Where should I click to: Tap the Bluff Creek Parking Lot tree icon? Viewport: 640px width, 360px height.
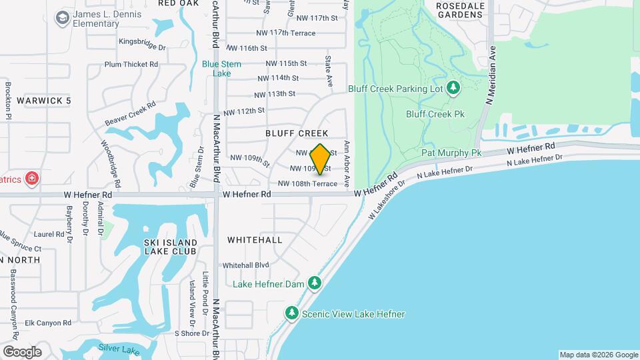[454, 88]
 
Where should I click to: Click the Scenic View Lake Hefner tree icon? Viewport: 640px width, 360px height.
[291, 313]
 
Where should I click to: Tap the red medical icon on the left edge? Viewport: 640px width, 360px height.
[31, 178]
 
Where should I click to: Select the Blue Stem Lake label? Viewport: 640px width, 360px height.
[221, 69]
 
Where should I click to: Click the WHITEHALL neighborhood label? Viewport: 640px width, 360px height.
[255, 239]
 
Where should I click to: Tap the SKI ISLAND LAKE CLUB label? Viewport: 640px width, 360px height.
[170, 247]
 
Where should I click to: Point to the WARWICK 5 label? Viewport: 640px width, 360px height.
[44, 101]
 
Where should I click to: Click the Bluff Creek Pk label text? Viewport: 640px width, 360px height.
[435, 114]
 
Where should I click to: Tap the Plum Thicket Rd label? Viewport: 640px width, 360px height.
[131, 65]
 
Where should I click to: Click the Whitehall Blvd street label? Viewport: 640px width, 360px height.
[245, 265]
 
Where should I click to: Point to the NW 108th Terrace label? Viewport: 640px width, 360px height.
[307, 183]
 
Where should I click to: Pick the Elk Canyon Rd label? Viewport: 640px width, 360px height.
[48, 323]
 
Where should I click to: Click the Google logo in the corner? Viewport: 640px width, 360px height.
[22, 351]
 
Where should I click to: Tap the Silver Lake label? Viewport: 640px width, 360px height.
[118, 348]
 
